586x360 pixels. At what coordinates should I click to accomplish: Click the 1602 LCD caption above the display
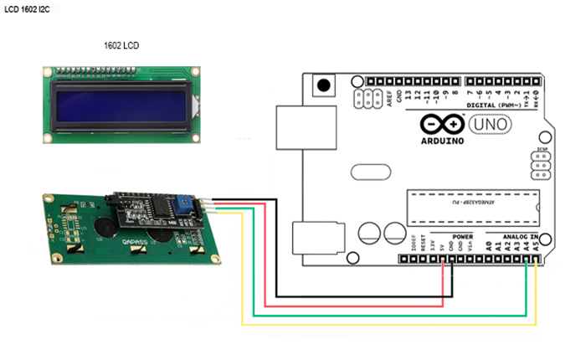[x=120, y=45]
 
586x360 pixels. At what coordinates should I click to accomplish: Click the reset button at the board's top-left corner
[x=321, y=85]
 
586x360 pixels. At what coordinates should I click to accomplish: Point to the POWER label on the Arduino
[x=462, y=237]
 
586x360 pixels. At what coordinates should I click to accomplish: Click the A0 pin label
[x=487, y=247]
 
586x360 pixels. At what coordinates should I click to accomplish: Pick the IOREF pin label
[x=415, y=245]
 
